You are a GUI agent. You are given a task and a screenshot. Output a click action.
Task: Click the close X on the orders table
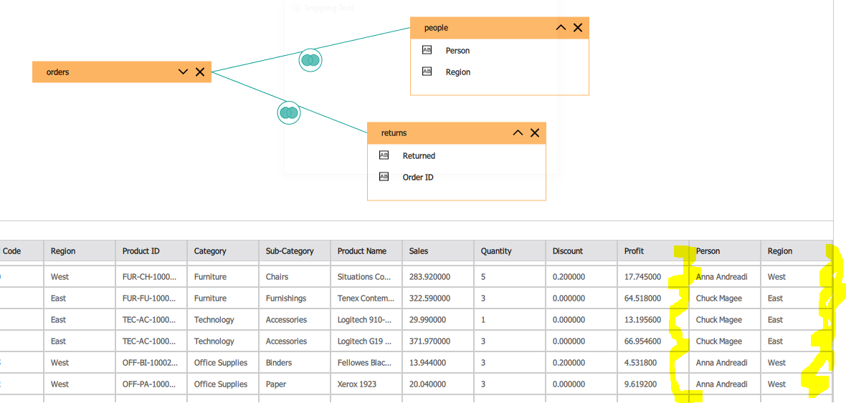tap(200, 72)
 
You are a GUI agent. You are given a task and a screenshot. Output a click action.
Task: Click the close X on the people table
tap(578, 28)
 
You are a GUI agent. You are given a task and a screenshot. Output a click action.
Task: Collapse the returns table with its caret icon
tap(518, 133)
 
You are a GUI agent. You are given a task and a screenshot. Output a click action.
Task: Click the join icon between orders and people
tap(310, 60)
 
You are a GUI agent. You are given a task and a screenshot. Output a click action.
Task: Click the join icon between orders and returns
tap(289, 112)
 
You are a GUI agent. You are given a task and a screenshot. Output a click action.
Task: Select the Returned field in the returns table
tap(419, 156)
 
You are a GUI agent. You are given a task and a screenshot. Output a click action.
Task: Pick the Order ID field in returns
tap(417, 178)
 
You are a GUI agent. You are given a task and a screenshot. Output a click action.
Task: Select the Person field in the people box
tap(457, 51)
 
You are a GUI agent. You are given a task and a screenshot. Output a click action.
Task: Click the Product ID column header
tap(141, 251)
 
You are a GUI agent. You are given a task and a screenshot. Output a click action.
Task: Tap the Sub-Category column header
tap(290, 251)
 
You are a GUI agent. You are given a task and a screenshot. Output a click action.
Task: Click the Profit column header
tap(634, 251)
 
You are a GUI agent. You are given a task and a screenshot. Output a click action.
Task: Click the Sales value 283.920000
tap(429, 277)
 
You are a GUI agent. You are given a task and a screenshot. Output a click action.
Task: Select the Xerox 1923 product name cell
tap(357, 384)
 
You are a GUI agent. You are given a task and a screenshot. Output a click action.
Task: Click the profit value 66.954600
tap(642, 341)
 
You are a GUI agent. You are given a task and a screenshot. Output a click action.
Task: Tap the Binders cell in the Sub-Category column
tap(279, 363)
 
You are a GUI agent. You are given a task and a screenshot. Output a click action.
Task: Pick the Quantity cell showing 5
tap(483, 277)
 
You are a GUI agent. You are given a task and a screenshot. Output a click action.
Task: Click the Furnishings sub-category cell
tap(286, 298)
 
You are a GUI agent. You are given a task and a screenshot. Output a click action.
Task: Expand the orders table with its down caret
tap(183, 72)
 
